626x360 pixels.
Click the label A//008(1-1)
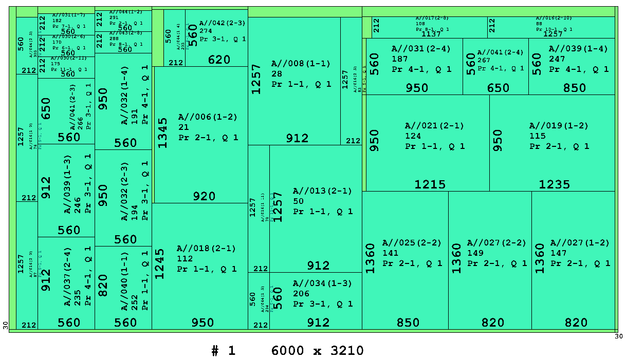pyautogui.click(x=301, y=64)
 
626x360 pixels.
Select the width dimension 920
pyautogui.click(x=204, y=196)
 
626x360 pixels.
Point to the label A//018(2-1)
pyautogui.click(x=206, y=249)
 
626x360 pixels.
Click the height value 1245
pyautogui.click(x=160, y=264)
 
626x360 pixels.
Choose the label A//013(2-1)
pyautogui.click(x=322, y=191)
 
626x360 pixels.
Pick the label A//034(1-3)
pyautogui.click(x=322, y=283)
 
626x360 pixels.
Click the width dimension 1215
pyautogui.click(x=430, y=184)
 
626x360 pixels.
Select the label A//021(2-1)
pyautogui.click(x=434, y=126)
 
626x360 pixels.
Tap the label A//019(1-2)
pyautogui.click(x=559, y=126)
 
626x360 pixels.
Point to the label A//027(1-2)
pyautogui.click(x=580, y=242)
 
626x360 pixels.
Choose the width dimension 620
pyautogui.click(x=219, y=60)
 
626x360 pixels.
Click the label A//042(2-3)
pyautogui.click(x=222, y=23)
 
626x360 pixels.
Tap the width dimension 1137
pyautogui.click(x=431, y=34)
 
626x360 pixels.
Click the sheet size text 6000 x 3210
pyautogui.click(x=317, y=351)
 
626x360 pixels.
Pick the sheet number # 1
pyautogui.click(x=223, y=351)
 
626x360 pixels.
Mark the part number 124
pyautogui.click(x=413, y=136)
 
